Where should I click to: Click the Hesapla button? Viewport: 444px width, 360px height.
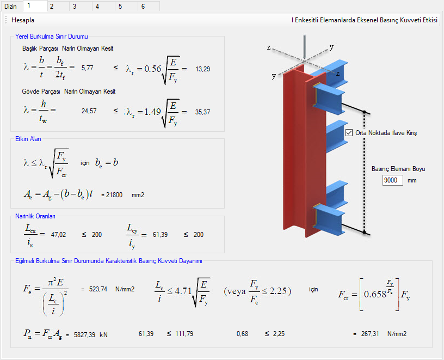click(x=23, y=20)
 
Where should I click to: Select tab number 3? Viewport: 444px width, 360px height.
click(x=75, y=6)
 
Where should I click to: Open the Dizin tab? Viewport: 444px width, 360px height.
click(x=10, y=6)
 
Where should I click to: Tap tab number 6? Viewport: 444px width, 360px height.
click(x=143, y=6)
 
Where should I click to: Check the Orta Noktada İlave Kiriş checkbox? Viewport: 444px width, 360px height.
click(x=349, y=133)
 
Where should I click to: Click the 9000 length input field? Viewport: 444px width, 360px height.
click(x=392, y=180)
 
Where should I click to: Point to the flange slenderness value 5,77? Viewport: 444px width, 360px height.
click(x=87, y=68)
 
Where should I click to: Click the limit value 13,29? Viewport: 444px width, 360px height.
click(x=203, y=69)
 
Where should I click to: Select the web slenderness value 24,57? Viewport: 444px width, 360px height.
click(x=89, y=111)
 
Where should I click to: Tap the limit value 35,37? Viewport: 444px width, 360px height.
click(x=203, y=112)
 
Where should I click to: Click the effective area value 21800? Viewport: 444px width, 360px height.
click(x=114, y=195)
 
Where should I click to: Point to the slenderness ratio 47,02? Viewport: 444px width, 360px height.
click(x=58, y=235)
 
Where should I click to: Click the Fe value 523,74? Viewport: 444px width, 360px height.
click(x=98, y=289)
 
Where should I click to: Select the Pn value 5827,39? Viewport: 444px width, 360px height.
click(x=84, y=335)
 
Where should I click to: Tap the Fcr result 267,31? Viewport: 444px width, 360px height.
click(x=370, y=334)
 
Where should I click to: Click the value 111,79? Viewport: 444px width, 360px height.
click(x=184, y=334)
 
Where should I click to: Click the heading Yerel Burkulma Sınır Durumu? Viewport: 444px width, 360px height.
click(x=52, y=36)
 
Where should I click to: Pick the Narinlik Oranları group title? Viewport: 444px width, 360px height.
click(x=35, y=216)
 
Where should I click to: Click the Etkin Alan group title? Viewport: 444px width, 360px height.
click(x=28, y=139)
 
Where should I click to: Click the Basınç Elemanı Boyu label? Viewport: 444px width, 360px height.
click(x=398, y=169)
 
